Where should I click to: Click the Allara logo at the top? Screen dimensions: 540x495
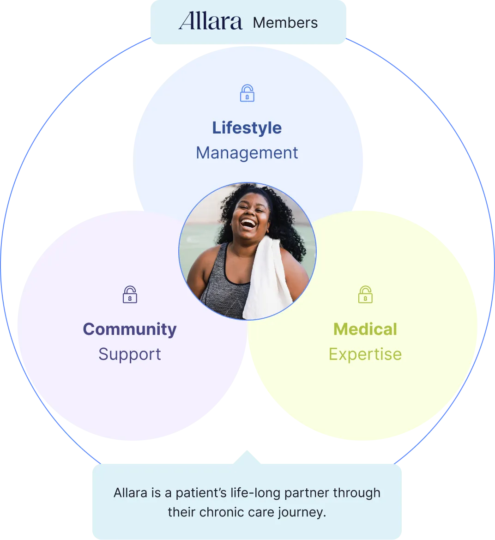click(211, 21)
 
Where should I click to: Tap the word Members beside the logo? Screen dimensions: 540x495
click(285, 23)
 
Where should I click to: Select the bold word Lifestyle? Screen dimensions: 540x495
click(247, 128)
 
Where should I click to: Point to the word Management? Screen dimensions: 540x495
click(247, 153)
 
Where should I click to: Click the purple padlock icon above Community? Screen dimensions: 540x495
click(130, 294)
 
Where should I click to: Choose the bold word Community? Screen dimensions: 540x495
click(130, 329)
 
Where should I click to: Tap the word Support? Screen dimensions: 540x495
click(130, 354)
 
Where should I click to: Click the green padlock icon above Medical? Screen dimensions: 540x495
click(365, 294)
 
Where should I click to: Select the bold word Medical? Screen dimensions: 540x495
click(365, 329)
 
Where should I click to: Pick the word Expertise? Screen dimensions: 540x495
click(365, 354)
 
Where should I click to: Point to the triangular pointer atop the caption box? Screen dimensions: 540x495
click(247, 455)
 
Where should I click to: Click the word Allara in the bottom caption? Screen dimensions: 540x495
click(131, 493)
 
